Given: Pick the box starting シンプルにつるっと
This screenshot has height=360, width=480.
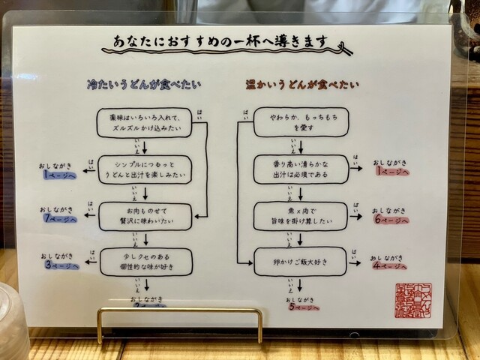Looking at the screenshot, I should click(145, 170).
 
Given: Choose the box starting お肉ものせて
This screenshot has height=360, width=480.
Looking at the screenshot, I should click(145, 216).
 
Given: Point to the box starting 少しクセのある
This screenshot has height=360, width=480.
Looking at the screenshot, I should click(145, 261).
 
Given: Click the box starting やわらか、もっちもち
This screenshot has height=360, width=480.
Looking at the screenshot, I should click(300, 122).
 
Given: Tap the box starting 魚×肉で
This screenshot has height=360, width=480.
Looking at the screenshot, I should click(300, 216).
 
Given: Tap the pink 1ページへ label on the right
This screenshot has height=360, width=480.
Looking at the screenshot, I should click(392, 172).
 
